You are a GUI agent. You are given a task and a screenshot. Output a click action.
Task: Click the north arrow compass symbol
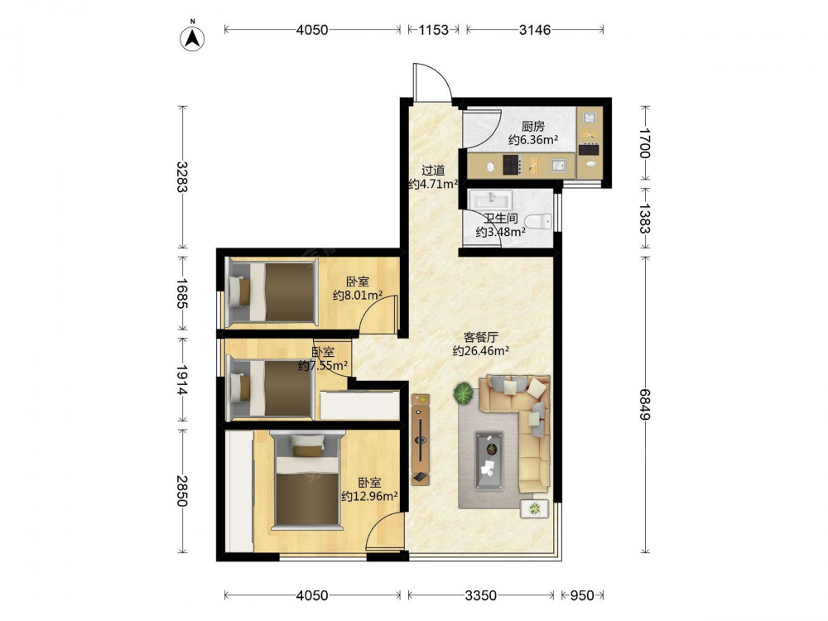(x=193, y=37)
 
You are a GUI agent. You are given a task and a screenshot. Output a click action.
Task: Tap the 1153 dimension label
(x=434, y=30)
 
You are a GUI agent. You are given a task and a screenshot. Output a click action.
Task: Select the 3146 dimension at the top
(x=534, y=30)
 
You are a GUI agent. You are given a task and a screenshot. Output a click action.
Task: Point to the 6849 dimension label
(x=645, y=404)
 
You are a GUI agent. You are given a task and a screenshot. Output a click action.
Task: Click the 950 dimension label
(x=582, y=595)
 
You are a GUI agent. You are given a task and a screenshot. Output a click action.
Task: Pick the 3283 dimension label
(x=182, y=176)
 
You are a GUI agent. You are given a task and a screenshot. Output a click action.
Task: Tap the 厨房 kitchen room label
(x=532, y=126)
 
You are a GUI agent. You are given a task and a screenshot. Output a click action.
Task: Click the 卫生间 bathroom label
(x=501, y=218)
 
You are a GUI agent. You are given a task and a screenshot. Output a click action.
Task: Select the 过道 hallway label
(x=433, y=171)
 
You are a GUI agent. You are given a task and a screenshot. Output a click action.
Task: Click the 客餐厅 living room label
(x=480, y=337)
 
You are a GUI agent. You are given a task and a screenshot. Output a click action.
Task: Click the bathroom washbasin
(x=491, y=200)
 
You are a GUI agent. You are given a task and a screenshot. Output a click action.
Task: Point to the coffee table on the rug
(x=489, y=461)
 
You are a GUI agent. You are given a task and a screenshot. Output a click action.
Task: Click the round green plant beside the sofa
(x=465, y=393)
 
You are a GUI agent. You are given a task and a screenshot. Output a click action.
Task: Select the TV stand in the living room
(x=421, y=440)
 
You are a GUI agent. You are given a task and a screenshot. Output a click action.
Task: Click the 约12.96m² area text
(x=369, y=496)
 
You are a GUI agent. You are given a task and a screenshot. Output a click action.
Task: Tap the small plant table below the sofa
(x=535, y=508)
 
